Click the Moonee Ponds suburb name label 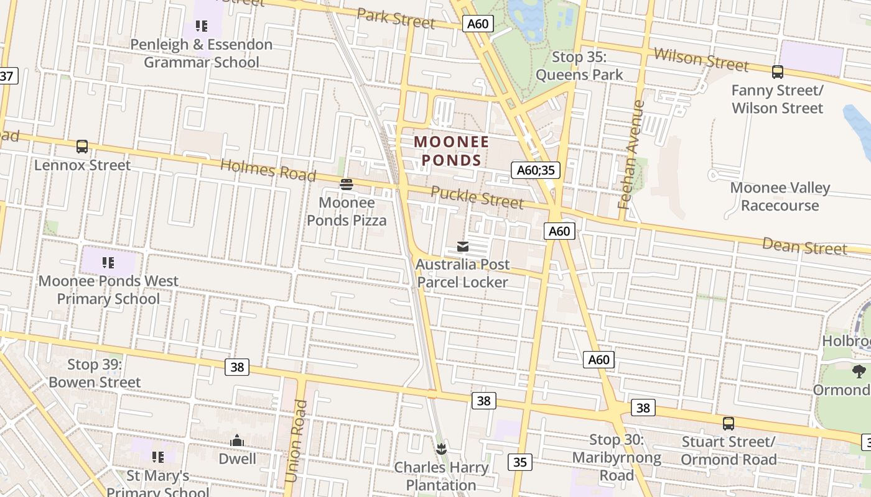point(452,151)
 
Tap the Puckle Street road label point(477,197)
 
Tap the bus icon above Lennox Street point(82,147)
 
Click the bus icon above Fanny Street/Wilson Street point(778,72)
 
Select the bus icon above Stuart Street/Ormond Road point(729,424)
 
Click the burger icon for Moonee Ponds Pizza point(347,184)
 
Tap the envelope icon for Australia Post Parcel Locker point(463,247)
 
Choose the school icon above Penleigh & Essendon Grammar point(201,26)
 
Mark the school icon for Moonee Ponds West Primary point(108,263)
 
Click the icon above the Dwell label point(237,441)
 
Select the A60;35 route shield point(536,170)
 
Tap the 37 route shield point(7,76)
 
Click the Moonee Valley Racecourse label point(780,196)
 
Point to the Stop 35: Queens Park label point(579,66)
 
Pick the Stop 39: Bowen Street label point(95,373)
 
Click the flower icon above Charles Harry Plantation point(441,449)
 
